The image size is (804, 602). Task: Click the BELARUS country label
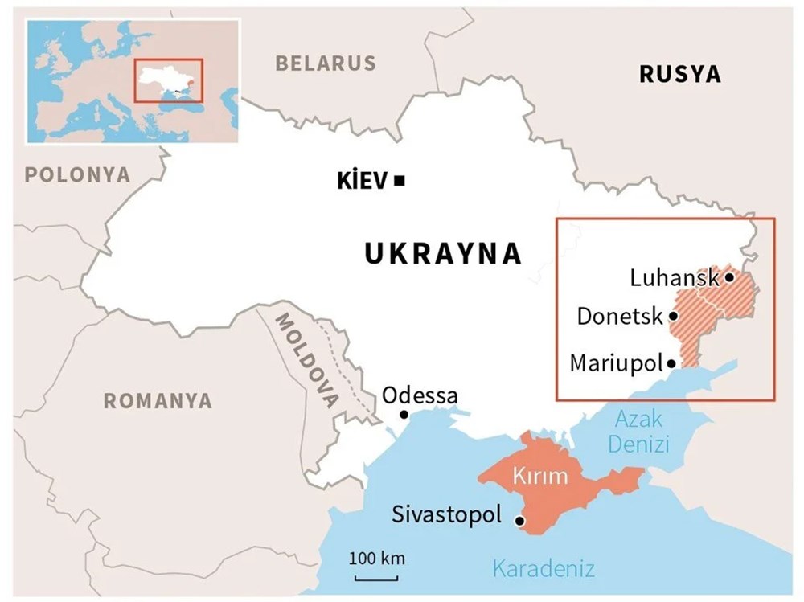(x=326, y=63)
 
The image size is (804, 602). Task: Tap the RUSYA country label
(x=679, y=75)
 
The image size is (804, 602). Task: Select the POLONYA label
(x=77, y=174)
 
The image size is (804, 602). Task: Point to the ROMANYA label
(x=158, y=400)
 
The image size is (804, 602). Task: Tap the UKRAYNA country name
(x=443, y=254)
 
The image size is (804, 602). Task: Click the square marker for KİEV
(x=400, y=182)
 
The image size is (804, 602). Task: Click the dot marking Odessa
(x=404, y=415)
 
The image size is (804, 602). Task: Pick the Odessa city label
(x=420, y=395)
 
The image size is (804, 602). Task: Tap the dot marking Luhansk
(x=728, y=277)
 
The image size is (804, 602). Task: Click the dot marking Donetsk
(x=672, y=316)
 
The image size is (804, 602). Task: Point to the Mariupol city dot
(x=670, y=363)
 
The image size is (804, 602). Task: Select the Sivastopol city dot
(x=519, y=521)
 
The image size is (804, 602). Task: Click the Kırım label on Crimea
(x=543, y=476)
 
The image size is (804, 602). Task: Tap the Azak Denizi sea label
(x=638, y=431)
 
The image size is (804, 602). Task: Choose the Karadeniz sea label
(x=544, y=570)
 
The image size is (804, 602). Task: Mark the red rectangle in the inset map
(x=169, y=80)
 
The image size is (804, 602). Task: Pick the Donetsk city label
(x=620, y=316)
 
